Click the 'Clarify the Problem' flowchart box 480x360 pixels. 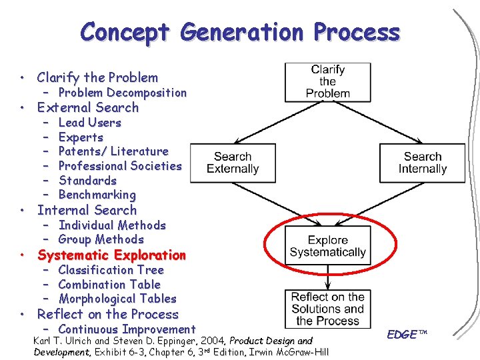[x=327, y=81]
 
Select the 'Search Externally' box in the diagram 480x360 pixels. [x=233, y=163]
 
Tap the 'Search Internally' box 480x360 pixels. [x=422, y=163]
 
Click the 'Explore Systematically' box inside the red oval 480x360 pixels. [x=327, y=246]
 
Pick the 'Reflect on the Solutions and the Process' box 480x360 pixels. [x=327, y=309]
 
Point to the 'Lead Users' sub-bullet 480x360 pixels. [x=90, y=123]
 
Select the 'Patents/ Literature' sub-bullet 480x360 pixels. [x=113, y=151]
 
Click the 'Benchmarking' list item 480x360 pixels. [x=97, y=195]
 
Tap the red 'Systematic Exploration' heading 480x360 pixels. [x=111, y=255]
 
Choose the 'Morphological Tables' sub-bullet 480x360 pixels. [x=117, y=299]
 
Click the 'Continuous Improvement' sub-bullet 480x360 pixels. [x=127, y=329]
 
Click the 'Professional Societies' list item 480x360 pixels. [x=120, y=166]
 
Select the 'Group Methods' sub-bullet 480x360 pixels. [x=101, y=239]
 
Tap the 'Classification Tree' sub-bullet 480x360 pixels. [x=111, y=270]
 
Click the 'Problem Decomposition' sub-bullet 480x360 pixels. [x=123, y=93]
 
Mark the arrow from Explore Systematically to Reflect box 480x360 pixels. [x=327, y=277]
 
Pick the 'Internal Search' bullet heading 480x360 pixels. [x=87, y=210]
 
